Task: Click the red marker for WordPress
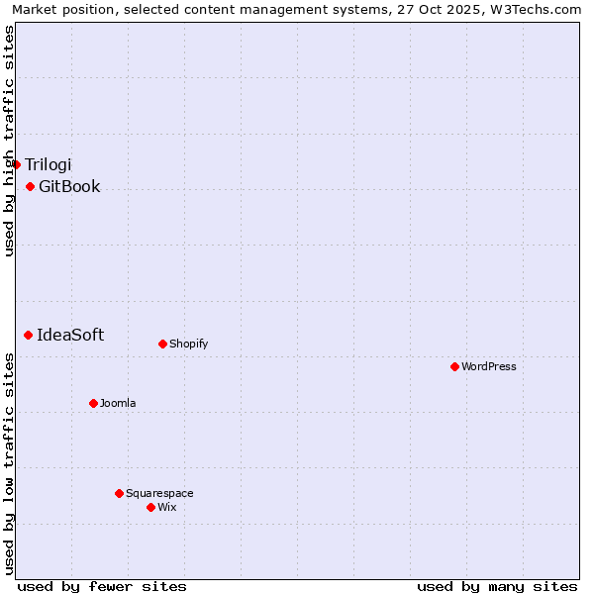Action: click(x=454, y=366)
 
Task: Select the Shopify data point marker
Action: click(x=162, y=344)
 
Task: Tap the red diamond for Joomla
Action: click(x=93, y=403)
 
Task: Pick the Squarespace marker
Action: click(x=119, y=493)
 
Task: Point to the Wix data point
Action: click(x=150, y=507)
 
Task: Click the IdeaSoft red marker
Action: click(x=28, y=335)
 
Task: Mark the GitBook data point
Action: click(x=30, y=186)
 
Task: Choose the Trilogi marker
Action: click(x=16, y=164)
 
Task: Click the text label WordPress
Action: click(x=489, y=366)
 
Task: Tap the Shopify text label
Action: click(x=188, y=344)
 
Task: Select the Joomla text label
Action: click(x=118, y=403)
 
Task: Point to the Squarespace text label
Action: click(x=159, y=493)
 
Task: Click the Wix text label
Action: click(x=166, y=507)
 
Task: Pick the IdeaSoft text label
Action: click(x=70, y=335)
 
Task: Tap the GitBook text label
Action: click(x=69, y=186)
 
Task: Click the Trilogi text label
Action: click(x=49, y=164)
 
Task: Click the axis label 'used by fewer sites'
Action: click(x=102, y=586)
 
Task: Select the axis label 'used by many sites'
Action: click(x=497, y=586)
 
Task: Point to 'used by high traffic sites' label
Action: click(x=9, y=141)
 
